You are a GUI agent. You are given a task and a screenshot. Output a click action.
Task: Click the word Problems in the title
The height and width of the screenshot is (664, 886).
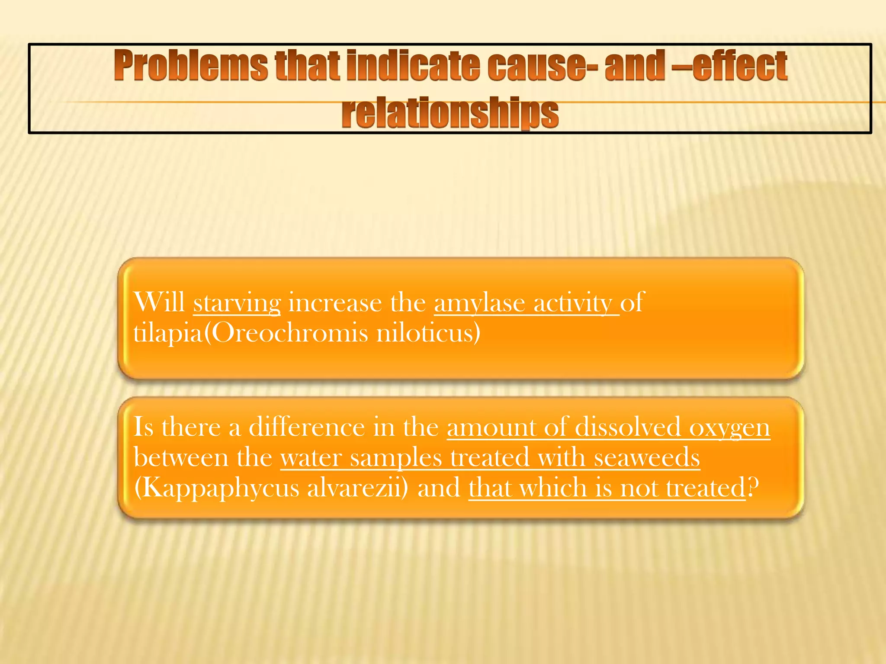(x=191, y=66)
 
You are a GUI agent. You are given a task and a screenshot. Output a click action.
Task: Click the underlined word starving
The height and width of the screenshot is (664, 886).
(x=237, y=303)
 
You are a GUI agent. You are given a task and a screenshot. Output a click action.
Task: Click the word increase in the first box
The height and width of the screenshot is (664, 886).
(x=335, y=303)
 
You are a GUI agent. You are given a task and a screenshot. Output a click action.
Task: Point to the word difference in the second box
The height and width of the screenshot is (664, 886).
(x=307, y=427)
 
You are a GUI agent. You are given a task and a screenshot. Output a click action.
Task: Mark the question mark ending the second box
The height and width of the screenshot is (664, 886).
(x=753, y=488)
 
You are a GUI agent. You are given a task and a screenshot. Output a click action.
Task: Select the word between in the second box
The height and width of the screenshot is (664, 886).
(x=181, y=457)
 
